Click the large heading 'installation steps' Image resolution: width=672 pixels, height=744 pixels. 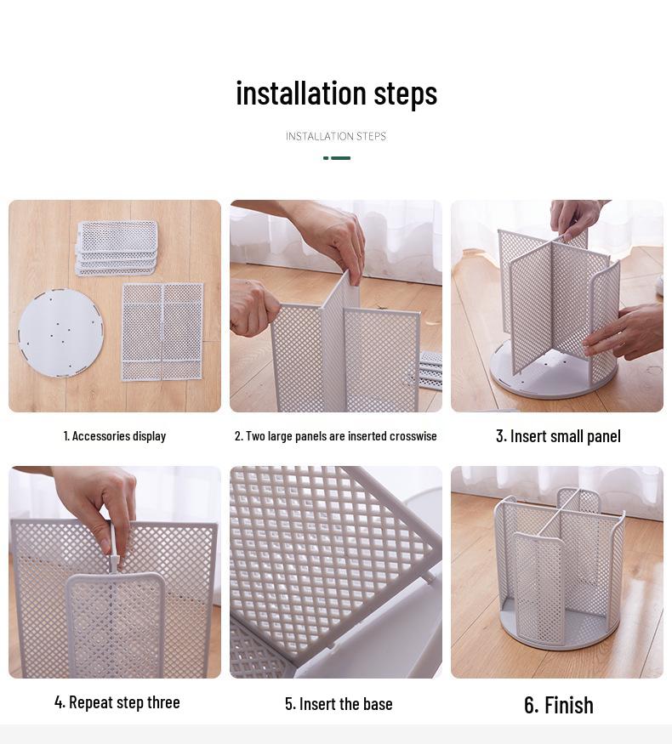click(336, 93)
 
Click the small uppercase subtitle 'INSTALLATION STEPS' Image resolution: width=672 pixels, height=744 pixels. click(336, 136)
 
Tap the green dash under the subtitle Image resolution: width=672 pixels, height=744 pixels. click(337, 158)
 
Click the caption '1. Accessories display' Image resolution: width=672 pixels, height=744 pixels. click(115, 436)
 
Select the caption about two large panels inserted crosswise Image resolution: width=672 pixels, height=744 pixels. click(336, 436)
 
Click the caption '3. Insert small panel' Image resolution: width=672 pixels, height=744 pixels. click(558, 436)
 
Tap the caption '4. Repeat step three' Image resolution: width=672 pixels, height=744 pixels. click(117, 702)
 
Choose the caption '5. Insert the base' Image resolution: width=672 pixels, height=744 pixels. click(339, 704)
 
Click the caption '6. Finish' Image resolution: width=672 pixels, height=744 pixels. click(558, 705)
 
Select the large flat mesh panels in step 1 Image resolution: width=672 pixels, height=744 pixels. click(162, 332)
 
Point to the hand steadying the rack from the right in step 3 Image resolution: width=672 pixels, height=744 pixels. click(629, 332)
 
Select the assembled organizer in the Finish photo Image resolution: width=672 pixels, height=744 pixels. click(558, 570)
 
